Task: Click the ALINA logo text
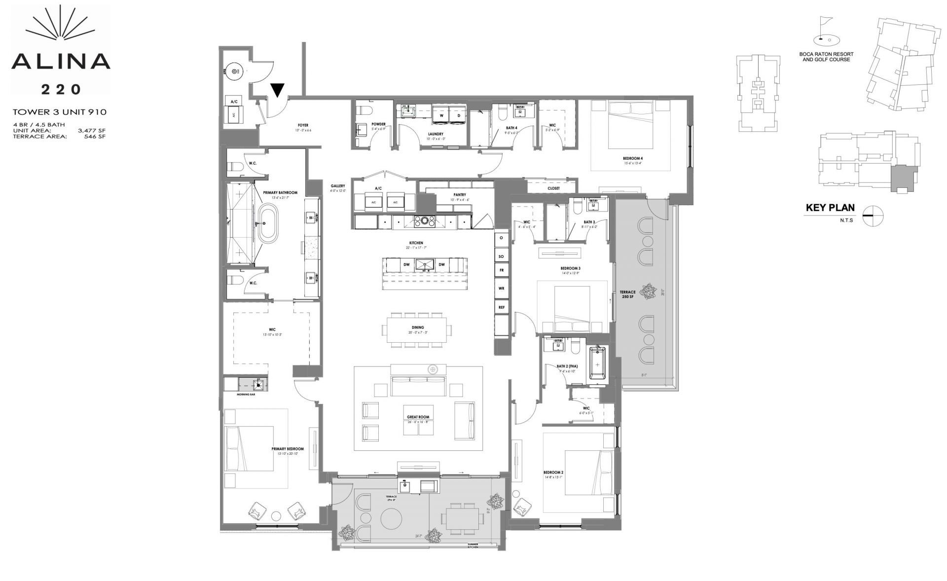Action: click(x=61, y=61)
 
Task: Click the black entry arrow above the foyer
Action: click(x=278, y=90)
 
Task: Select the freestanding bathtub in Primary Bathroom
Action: click(x=265, y=226)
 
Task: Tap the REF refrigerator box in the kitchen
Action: click(x=501, y=307)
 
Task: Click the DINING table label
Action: click(x=418, y=327)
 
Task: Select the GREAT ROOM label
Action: click(x=418, y=417)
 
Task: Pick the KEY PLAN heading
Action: click(x=830, y=208)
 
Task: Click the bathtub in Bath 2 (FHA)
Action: click(x=598, y=364)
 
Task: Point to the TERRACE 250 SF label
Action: click(x=627, y=294)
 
